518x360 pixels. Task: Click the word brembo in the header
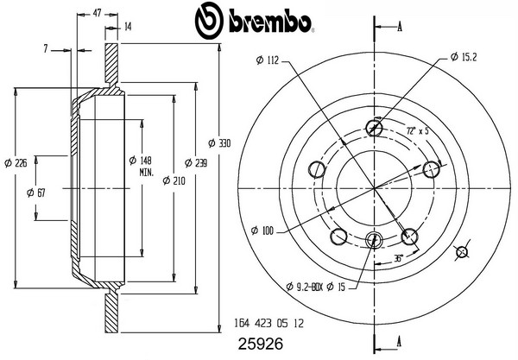[270, 23]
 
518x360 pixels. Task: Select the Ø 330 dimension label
[219, 143]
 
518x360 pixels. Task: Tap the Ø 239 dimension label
[196, 163]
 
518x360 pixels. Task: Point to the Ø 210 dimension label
[174, 180]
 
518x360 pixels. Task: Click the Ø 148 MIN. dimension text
[141, 166]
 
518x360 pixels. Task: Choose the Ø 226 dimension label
[16, 163]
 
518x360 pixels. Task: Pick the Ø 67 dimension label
[36, 193]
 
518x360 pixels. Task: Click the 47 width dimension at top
[97, 13]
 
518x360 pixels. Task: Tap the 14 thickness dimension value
[128, 27]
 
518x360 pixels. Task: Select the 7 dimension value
[46, 49]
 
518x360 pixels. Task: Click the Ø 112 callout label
[268, 60]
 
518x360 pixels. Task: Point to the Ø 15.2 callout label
[464, 57]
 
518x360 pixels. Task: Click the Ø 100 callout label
[262, 231]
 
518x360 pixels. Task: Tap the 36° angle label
[399, 258]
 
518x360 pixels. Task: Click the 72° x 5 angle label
[417, 130]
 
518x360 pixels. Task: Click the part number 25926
[261, 344]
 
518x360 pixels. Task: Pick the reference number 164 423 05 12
[268, 323]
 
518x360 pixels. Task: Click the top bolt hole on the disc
[375, 128]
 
